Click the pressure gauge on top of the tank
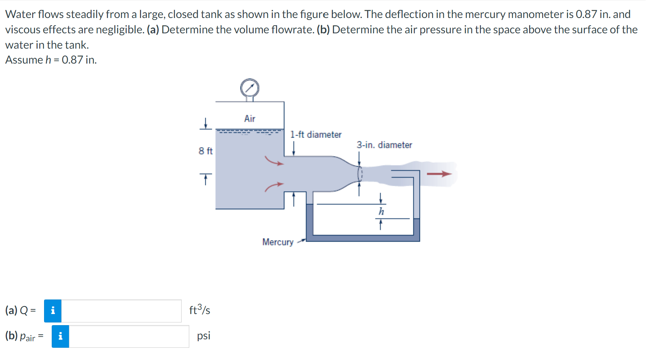point(250,88)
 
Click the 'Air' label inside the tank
point(250,119)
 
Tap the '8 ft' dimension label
point(205,151)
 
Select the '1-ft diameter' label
point(316,135)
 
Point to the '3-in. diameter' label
point(384,145)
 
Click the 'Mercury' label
point(278,242)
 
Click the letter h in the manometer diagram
point(381,211)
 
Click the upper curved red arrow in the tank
point(274,161)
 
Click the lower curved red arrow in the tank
point(274,187)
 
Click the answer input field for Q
point(121,311)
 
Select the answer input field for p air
point(129,336)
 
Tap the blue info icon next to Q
point(53,311)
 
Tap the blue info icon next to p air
point(61,336)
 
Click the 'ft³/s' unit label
point(200,309)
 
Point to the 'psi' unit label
point(203,336)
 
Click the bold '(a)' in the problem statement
point(153,30)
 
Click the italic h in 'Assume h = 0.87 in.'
point(48,60)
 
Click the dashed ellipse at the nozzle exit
point(360,174)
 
